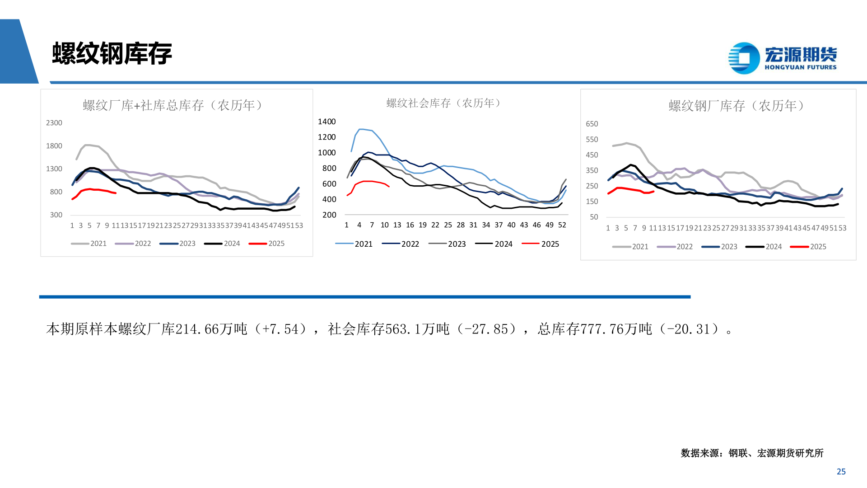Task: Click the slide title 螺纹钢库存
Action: (112, 54)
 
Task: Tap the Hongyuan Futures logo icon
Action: (744, 58)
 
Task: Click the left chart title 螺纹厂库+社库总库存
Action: (172, 105)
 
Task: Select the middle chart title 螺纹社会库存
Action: (443, 103)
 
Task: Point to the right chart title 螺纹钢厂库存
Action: (736, 106)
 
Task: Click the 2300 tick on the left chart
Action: (54, 123)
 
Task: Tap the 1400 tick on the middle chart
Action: (326, 122)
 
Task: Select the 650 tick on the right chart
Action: (592, 124)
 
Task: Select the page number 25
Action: (841, 471)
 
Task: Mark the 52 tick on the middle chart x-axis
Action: (562, 225)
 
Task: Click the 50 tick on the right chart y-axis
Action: (594, 217)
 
